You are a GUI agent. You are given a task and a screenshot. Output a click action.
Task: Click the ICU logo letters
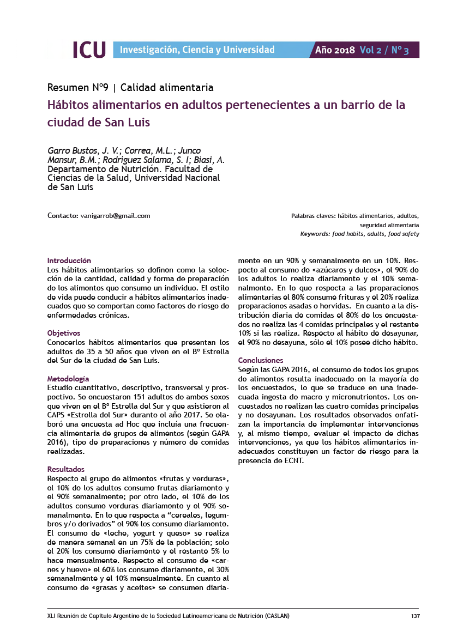(89, 50)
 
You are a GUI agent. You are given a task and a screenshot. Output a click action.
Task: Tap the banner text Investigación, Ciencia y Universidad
(197, 50)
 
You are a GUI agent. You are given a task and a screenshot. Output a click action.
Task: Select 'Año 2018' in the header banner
(335, 50)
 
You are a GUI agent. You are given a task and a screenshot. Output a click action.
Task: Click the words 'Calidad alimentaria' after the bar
(167, 87)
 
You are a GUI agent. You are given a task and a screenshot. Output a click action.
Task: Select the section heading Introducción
(69, 260)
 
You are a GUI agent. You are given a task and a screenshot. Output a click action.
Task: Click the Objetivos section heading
(64, 332)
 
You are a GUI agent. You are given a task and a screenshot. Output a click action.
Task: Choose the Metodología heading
(68, 378)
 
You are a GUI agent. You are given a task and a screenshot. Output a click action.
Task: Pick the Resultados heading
(66, 469)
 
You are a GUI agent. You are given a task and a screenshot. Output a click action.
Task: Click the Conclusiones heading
(261, 360)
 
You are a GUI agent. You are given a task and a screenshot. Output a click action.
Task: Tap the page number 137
(414, 616)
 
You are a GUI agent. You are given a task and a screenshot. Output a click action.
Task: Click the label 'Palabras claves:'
(313, 216)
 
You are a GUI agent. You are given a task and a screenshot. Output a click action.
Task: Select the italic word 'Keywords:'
(315, 234)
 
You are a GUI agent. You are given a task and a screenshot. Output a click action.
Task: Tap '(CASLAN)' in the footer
(278, 616)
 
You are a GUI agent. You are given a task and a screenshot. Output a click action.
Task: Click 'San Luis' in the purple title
(128, 123)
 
